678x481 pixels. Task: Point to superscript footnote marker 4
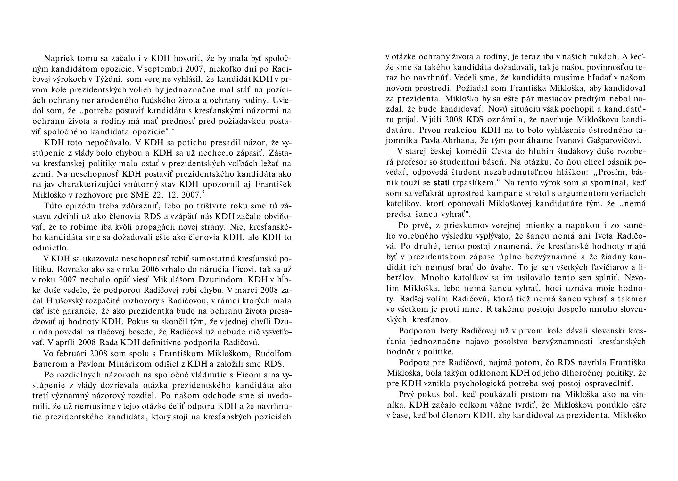pos(173,129)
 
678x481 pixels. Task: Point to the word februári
pos(72,353)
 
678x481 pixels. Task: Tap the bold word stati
pos(442,183)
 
